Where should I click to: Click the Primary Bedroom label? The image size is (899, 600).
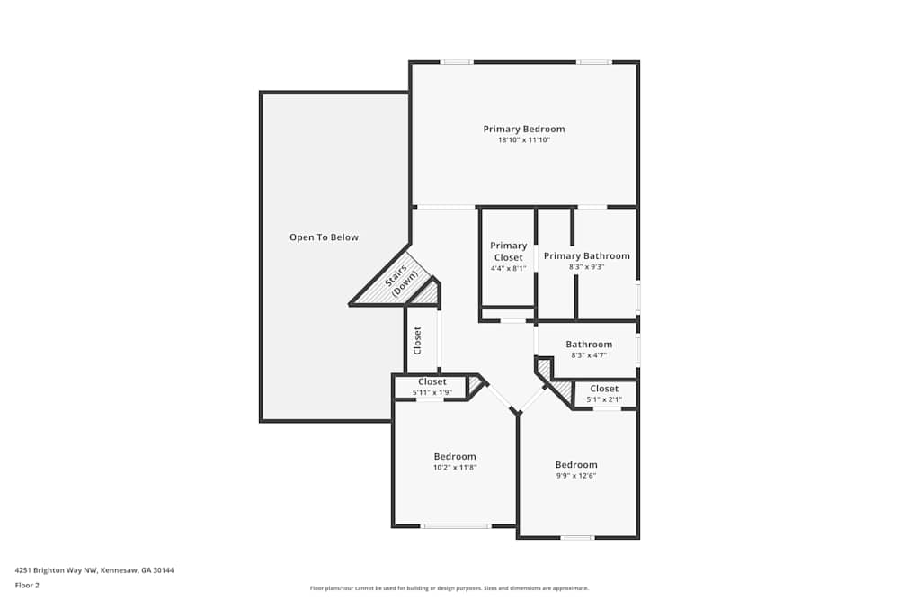click(x=523, y=129)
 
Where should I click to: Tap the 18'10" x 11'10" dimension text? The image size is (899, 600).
click(x=523, y=140)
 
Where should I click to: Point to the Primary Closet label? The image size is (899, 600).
click(x=508, y=251)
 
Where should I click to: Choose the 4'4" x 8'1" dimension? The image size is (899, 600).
click(x=508, y=268)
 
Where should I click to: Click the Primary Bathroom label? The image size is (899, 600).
click(x=586, y=255)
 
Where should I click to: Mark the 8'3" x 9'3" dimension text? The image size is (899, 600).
click(x=586, y=267)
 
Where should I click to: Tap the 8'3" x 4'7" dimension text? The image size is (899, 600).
click(x=589, y=355)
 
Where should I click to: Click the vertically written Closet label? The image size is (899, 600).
click(x=417, y=340)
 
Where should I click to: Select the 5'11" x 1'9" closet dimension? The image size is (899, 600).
click(x=432, y=392)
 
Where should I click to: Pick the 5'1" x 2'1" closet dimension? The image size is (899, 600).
click(x=604, y=399)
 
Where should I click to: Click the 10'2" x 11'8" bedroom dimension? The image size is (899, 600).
click(x=455, y=468)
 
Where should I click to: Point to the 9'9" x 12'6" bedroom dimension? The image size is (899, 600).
click(x=576, y=476)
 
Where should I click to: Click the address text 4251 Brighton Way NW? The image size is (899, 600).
click(x=94, y=569)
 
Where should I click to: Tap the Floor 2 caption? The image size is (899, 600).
click(x=27, y=585)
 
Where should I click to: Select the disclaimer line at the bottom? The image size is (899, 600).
click(x=449, y=588)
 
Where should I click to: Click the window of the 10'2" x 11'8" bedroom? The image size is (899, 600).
click(x=456, y=526)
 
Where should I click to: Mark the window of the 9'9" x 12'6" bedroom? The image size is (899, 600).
click(x=577, y=538)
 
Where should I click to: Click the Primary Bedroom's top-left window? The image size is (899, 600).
click(x=457, y=62)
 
